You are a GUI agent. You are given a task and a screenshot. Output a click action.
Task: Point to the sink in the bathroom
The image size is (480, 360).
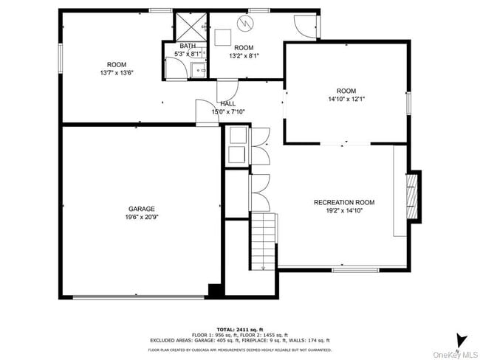coord(198,71)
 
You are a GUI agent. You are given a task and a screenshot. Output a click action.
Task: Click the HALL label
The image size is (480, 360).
coord(227,104)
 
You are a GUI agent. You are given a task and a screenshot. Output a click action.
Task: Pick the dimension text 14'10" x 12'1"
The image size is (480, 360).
coord(346,99)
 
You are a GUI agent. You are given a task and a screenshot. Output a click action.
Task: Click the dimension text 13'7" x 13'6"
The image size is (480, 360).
coord(117,73)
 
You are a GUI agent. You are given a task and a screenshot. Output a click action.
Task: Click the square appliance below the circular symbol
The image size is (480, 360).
coord(222,37)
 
